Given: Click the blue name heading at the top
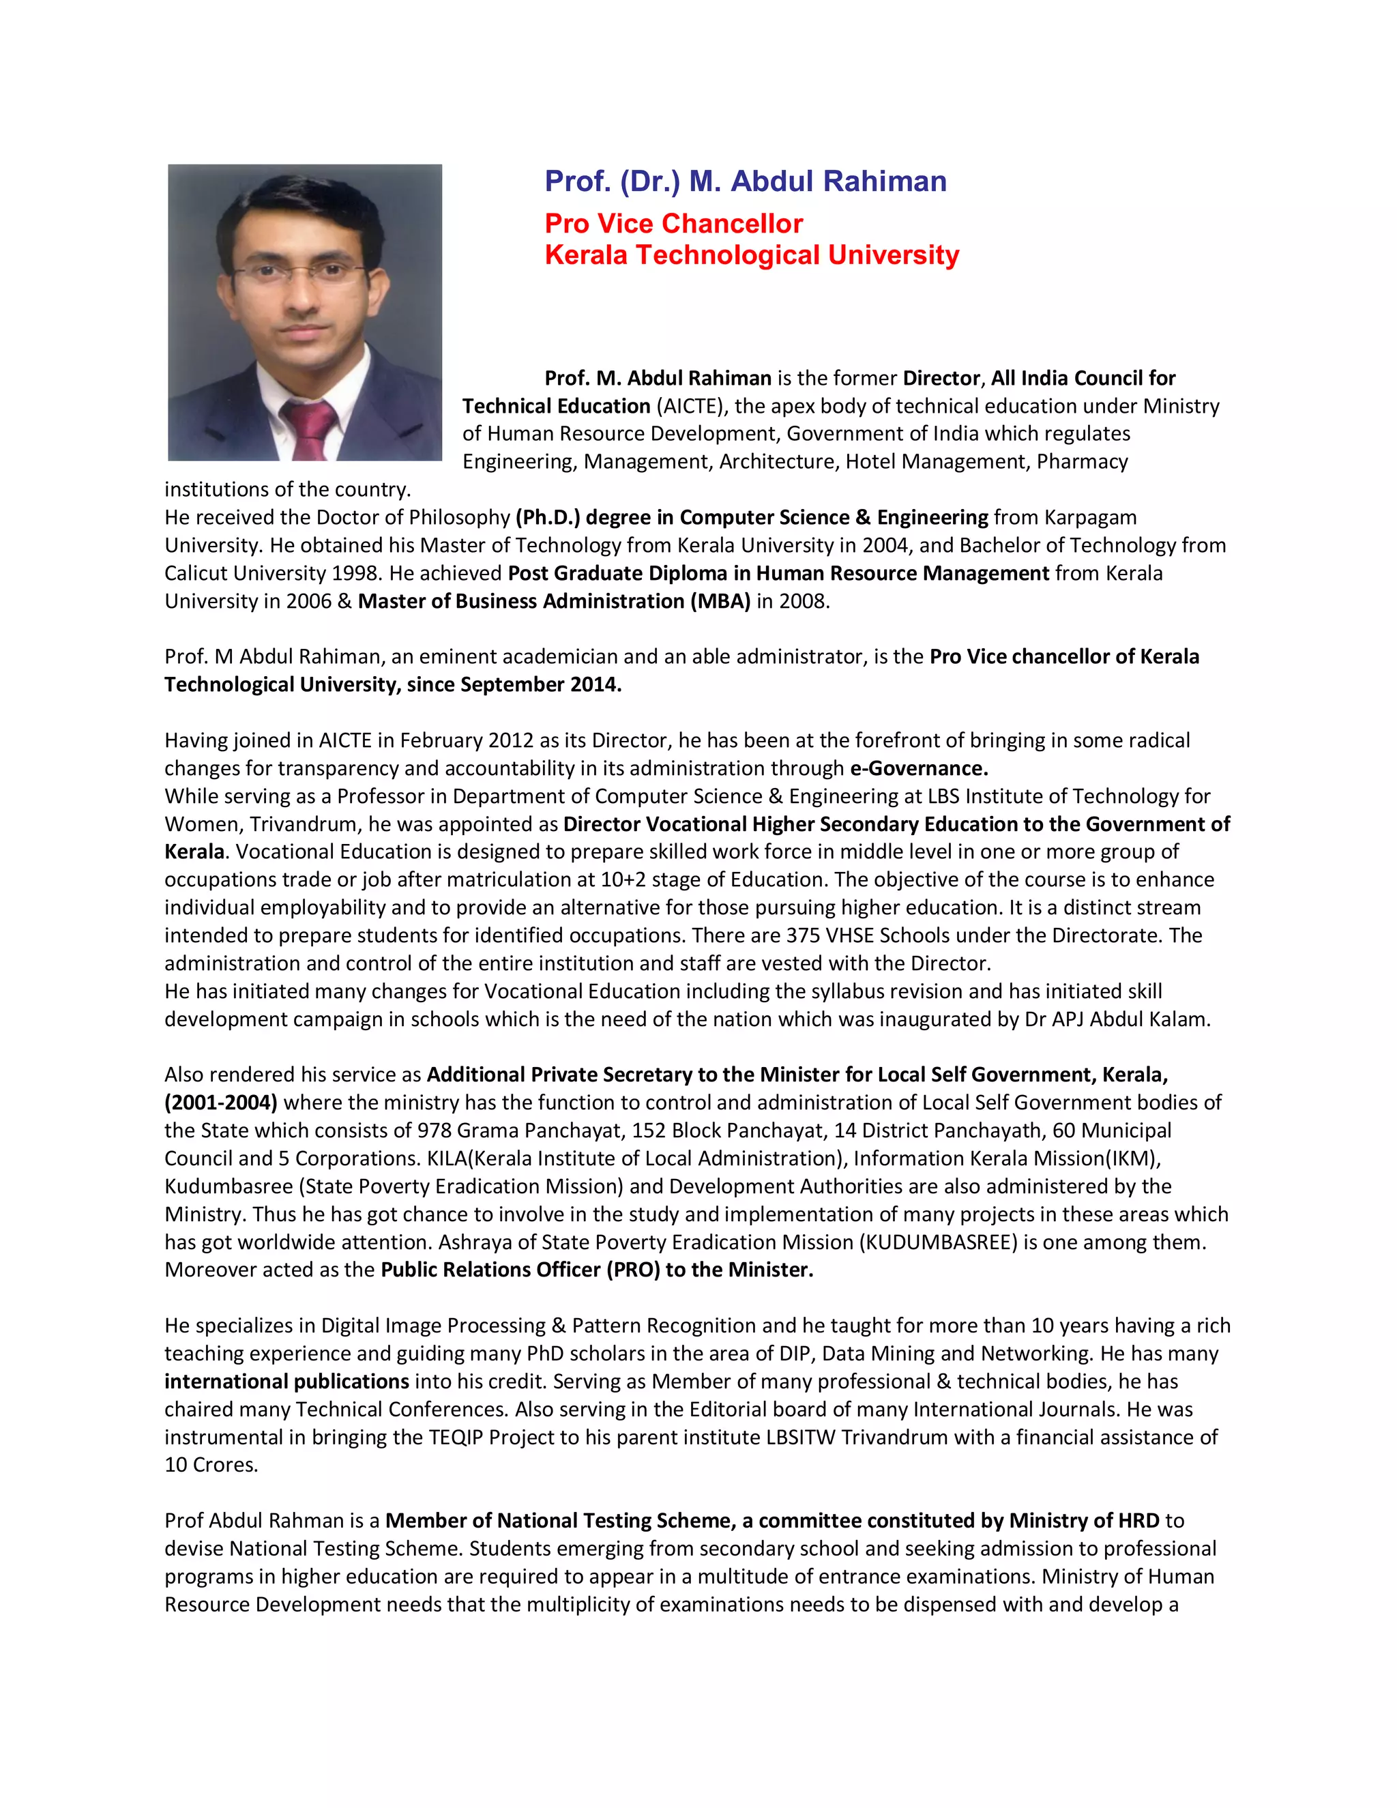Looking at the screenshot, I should click(745, 181).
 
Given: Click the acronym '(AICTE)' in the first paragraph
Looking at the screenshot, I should click(692, 407).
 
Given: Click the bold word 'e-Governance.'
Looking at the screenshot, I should click(919, 768).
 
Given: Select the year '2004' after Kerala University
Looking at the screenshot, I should click(885, 546).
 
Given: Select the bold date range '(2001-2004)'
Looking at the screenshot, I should click(221, 1103).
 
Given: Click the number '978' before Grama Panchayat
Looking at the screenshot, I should click(434, 1131).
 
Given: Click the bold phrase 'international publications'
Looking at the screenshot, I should click(286, 1382).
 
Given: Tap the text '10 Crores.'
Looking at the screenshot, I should click(211, 1466).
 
